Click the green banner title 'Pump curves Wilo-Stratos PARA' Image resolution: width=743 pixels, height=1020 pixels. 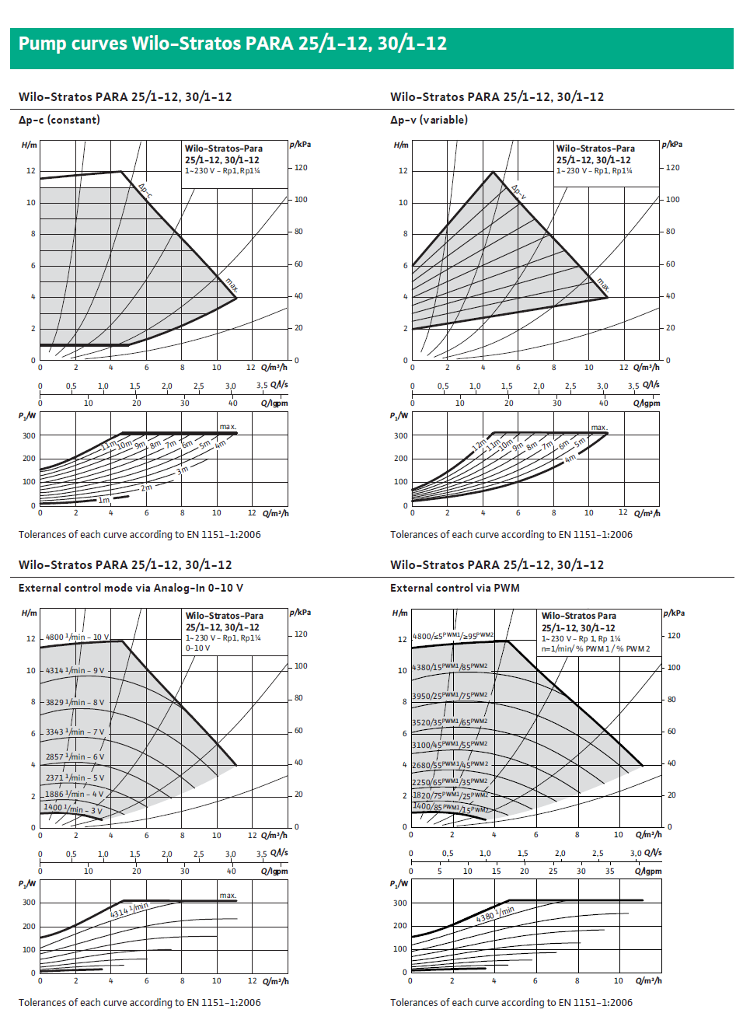pos(232,44)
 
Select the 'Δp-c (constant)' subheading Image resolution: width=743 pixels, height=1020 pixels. pos(59,120)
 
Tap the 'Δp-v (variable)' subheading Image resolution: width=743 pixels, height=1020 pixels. pos(429,120)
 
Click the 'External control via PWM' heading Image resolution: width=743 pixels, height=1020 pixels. pos(455,588)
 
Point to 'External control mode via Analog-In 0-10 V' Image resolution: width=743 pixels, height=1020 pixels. pos(131,588)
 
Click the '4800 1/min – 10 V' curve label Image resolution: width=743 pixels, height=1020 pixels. pos(77,637)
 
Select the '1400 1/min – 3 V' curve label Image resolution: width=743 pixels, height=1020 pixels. pos(73,809)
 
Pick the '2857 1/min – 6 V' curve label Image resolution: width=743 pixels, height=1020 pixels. pos(75,756)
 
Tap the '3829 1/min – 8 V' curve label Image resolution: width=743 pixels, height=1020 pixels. pos(75,702)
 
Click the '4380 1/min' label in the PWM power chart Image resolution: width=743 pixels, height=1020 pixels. pos(495,913)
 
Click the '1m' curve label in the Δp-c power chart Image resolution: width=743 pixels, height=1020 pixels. pos(104,500)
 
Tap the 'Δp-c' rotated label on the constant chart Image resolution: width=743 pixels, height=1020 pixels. pos(145,190)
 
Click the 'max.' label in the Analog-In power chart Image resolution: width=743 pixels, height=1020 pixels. pos(228,895)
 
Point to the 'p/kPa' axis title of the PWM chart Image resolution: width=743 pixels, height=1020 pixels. pos(674,613)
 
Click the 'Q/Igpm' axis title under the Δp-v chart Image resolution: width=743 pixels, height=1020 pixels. pos(646,403)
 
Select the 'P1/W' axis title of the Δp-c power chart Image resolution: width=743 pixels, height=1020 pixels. pos(27,416)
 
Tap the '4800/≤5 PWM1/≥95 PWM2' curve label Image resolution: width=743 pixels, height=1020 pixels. pos(452,636)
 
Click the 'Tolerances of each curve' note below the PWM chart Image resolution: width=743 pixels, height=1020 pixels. pos(511,1002)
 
